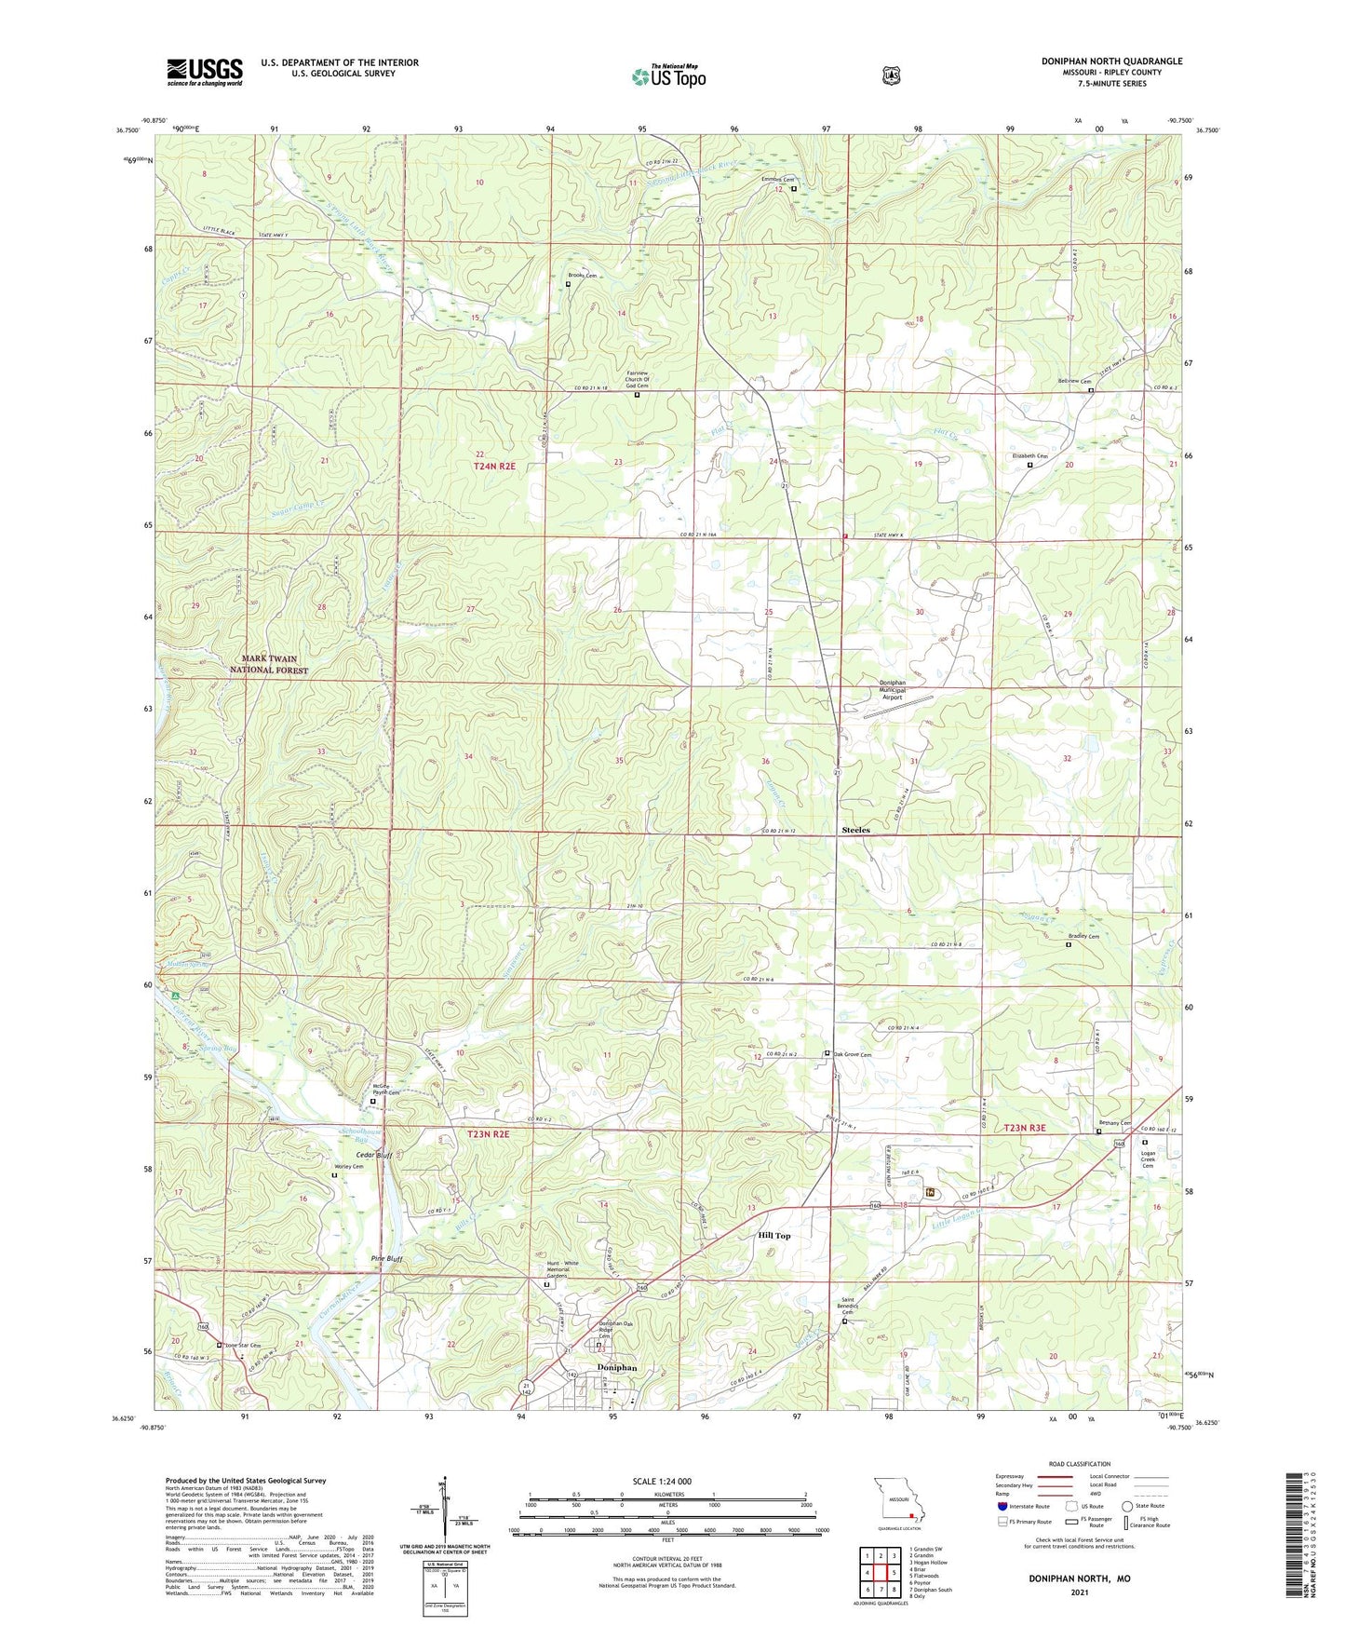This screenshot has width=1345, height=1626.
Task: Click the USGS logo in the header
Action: click(x=205, y=72)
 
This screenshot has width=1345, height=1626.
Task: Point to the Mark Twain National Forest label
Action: click(x=269, y=664)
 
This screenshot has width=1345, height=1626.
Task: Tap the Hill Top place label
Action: click(x=773, y=1236)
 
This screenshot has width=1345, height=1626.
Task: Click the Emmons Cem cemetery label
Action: click(x=777, y=180)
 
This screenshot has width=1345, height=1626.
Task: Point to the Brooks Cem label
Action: click(x=583, y=277)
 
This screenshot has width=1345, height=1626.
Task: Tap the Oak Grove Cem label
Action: click(x=852, y=1055)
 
